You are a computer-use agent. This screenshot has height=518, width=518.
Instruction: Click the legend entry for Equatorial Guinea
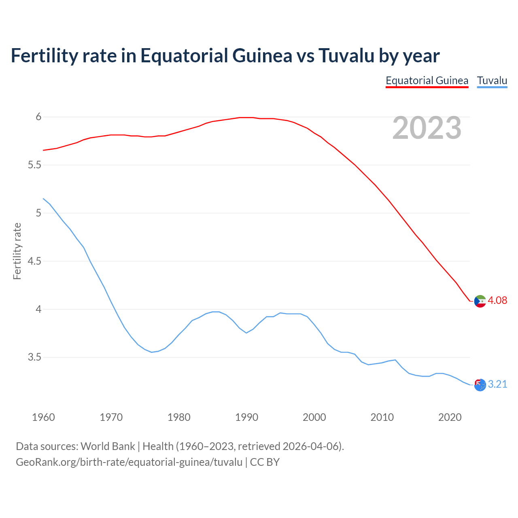point(427,81)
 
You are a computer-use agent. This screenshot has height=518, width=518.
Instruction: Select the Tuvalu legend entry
point(492,81)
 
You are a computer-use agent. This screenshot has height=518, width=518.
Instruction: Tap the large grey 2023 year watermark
point(427,128)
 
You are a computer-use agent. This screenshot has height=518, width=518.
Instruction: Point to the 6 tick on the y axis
point(39,117)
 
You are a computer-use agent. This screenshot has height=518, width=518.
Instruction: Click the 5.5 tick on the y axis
point(34,165)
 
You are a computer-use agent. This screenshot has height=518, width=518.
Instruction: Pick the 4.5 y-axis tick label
point(34,261)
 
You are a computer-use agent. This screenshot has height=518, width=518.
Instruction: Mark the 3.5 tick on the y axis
point(34,357)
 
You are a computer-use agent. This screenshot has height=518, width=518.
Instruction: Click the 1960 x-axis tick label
point(43,417)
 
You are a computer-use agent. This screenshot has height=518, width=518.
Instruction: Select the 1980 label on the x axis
point(179,417)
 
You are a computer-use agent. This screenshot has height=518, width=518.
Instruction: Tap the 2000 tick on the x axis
point(314,417)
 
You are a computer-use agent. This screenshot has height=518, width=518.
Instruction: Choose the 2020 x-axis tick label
point(450,417)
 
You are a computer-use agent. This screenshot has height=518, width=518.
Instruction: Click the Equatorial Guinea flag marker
point(480,301)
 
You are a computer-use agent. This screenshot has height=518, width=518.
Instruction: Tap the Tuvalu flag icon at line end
point(480,385)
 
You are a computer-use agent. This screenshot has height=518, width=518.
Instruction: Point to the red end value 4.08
point(497,300)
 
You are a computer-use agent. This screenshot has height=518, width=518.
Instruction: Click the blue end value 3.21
point(497,384)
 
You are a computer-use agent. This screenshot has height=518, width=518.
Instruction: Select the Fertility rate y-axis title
point(17,251)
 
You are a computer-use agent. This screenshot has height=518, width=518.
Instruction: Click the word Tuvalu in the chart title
point(346,55)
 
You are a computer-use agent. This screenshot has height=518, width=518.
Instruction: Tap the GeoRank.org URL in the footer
point(129,462)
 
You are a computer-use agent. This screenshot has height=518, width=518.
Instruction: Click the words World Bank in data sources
point(108,446)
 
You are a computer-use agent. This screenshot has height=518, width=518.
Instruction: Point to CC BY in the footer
point(265,462)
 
